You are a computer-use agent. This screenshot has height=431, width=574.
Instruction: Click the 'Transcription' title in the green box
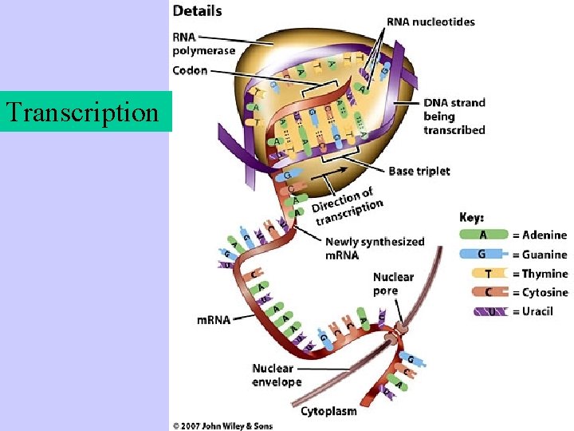tap(82, 112)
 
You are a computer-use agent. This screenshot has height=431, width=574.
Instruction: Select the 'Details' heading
tap(198, 11)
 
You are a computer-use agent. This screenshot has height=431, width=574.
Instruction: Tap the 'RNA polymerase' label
tap(204, 44)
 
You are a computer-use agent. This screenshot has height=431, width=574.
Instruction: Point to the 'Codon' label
tap(190, 70)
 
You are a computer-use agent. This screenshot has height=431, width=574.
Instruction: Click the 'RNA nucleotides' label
tap(431, 22)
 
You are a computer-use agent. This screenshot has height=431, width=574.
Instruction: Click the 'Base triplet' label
tap(419, 171)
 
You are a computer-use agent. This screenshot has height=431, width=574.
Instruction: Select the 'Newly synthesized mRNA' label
tap(375, 248)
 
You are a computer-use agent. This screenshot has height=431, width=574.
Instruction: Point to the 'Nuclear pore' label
tap(393, 283)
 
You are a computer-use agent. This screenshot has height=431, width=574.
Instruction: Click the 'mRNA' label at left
tap(214, 320)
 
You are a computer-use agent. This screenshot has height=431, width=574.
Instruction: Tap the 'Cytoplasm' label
tap(328, 411)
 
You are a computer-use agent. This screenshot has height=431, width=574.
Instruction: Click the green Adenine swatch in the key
tap(483, 235)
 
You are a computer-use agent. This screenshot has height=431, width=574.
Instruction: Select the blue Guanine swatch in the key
tap(483, 254)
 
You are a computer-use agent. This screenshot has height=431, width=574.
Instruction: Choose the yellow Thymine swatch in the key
tap(483, 273)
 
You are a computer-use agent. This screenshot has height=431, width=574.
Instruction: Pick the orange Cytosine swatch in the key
tap(483, 292)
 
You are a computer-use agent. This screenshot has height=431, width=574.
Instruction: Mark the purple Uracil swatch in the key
tap(483, 311)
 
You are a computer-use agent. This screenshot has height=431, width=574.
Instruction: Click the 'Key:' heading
tap(473, 216)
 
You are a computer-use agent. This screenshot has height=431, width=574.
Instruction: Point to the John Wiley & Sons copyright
tap(223, 425)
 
